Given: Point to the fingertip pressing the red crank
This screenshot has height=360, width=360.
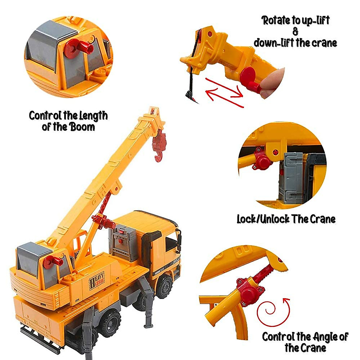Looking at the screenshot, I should coord(274,82).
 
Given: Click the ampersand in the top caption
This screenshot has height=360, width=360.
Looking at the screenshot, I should coord(295,32).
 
